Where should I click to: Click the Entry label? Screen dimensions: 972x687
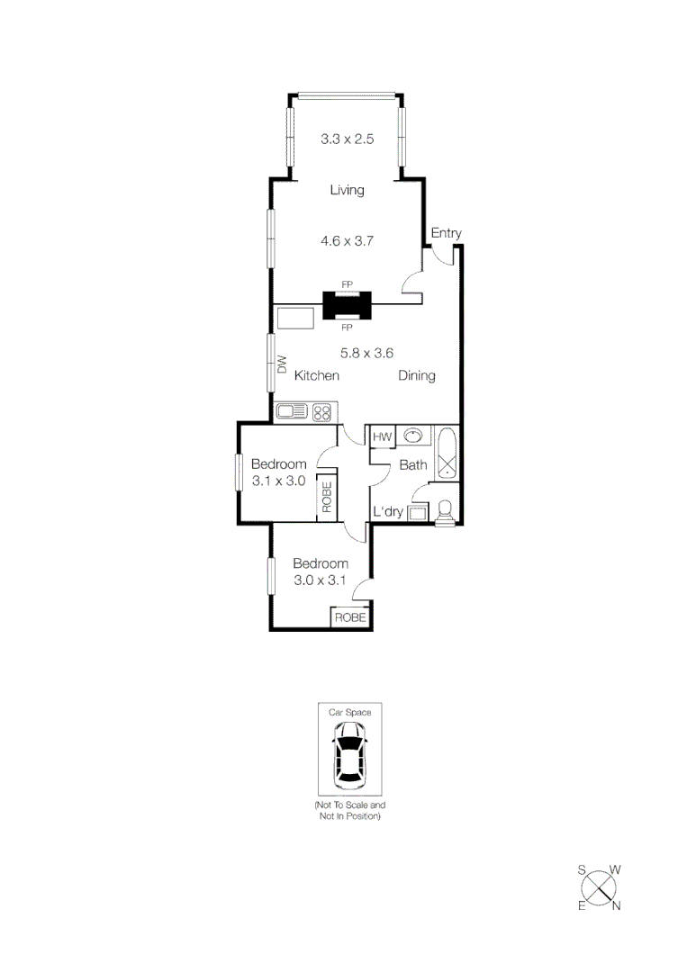tap(446, 233)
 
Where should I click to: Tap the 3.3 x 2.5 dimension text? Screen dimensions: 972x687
tap(347, 139)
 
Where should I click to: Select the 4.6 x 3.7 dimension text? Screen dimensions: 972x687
tap(347, 241)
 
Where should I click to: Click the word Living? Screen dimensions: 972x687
tap(347, 190)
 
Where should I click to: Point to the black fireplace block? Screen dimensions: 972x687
tap(347, 306)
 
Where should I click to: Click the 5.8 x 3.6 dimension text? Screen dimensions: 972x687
tap(366, 353)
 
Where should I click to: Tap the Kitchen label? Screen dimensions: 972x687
tap(317, 375)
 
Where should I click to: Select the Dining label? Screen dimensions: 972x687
tap(417, 375)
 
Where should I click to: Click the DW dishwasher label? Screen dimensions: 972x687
tap(282, 364)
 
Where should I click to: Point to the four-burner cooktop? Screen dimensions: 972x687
tap(321, 412)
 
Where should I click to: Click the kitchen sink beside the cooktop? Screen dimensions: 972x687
tap(293, 412)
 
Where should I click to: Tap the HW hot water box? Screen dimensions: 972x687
tap(381, 436)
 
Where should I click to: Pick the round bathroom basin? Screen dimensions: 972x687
tap(413, 436)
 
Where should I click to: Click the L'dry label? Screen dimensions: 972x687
tap(388, 512)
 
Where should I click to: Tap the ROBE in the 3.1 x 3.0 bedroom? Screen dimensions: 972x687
tap(327, 497)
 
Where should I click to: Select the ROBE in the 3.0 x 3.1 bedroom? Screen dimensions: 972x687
tap(351, 618)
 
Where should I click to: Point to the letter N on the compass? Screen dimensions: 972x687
tap(617, 905)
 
